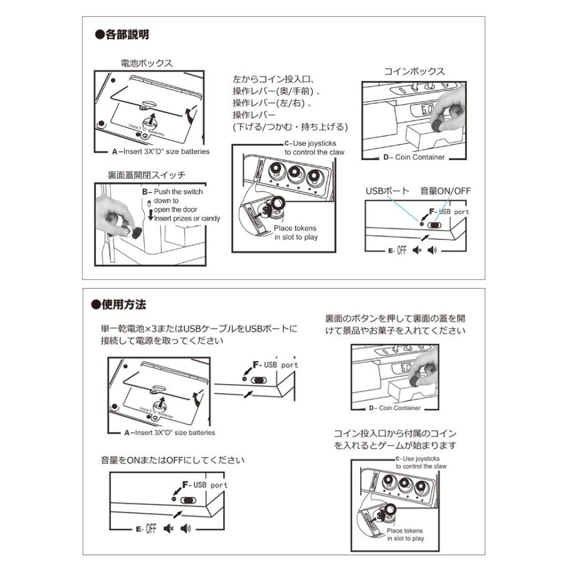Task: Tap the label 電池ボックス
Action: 146,63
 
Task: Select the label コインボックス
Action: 414,71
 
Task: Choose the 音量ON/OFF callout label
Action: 445,191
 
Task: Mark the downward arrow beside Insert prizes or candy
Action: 150,218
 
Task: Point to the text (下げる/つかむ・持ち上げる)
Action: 289,127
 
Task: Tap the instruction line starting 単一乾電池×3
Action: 199,328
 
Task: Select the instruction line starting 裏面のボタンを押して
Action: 395,318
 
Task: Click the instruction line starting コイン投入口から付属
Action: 395,433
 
